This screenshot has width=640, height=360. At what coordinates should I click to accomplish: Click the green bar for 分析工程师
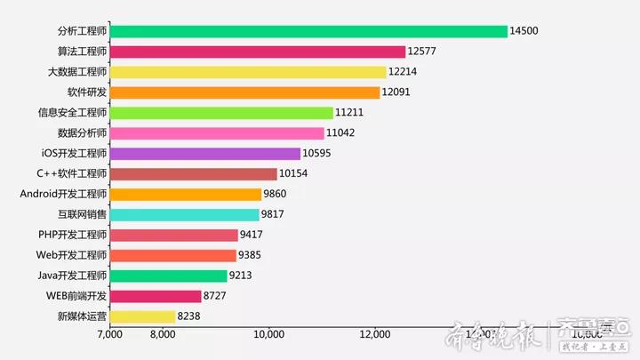[x=308, y=31]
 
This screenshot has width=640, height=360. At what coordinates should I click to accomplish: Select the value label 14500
[x=524, y=31]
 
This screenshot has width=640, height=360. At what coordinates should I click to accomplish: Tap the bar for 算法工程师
[x=258, y=52]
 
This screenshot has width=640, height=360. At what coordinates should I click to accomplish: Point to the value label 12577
[x=422, y=52]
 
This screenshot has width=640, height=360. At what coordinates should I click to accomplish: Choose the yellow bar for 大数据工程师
[x=248, y=72]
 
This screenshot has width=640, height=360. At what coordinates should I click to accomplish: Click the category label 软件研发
[x=87, y=92]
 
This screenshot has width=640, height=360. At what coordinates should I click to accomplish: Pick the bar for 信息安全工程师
[x=221, y=113]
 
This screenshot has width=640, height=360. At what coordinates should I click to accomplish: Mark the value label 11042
[x=341, y=133]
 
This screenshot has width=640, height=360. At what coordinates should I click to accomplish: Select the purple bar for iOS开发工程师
[x=205, y=154]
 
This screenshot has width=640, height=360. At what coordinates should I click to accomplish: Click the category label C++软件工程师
[x=71, y=174]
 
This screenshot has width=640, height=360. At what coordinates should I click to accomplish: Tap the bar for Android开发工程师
[x=186, y=194]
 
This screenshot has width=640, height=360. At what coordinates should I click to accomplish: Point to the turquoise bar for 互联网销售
[x=184, y=214]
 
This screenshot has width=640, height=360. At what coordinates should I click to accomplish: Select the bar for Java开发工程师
[x=168, y=276]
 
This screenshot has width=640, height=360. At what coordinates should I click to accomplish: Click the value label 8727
[x=218, y=296]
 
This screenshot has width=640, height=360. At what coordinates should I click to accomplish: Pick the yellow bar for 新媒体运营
[x=142, y=316]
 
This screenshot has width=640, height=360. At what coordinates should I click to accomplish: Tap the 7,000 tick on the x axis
[x=109, y=334]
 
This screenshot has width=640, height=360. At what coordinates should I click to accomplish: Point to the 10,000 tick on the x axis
[x=268, y=334]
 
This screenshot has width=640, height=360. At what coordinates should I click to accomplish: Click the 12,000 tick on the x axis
[x=375, y=334]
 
